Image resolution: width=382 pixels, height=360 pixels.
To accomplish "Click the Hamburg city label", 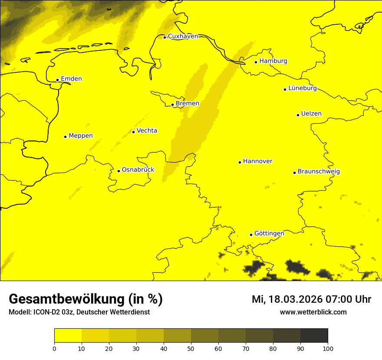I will pos(273,61).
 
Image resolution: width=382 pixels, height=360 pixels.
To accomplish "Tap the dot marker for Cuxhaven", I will pos(165,37).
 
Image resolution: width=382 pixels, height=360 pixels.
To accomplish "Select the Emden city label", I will pos(71,79).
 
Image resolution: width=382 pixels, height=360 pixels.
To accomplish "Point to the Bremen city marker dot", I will pos(172,105).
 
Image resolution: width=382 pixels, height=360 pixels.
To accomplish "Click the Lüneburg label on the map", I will pos(302,88).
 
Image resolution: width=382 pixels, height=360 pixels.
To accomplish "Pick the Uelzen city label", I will pos(311,114).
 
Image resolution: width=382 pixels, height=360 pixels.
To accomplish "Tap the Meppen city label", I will pos(81,136).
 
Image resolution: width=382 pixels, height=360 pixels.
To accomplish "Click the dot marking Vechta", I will pos(133,132).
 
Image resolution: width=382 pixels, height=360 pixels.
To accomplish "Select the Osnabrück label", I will pos(138,170).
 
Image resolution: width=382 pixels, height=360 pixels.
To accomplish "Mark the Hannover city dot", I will pos(240,162).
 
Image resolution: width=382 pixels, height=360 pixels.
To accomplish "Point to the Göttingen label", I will pos(269,233).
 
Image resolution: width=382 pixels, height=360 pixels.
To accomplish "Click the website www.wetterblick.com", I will pos(313,312).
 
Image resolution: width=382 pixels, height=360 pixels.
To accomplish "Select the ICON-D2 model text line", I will pos(79,312).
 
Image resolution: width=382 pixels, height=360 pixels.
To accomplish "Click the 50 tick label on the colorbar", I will pos(191,348).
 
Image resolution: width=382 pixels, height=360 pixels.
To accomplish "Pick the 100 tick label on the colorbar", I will pos(328,348).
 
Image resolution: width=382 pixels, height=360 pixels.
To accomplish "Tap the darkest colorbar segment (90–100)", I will pos(314,336).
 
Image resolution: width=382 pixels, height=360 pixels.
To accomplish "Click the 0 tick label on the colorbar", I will pos(54,348).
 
